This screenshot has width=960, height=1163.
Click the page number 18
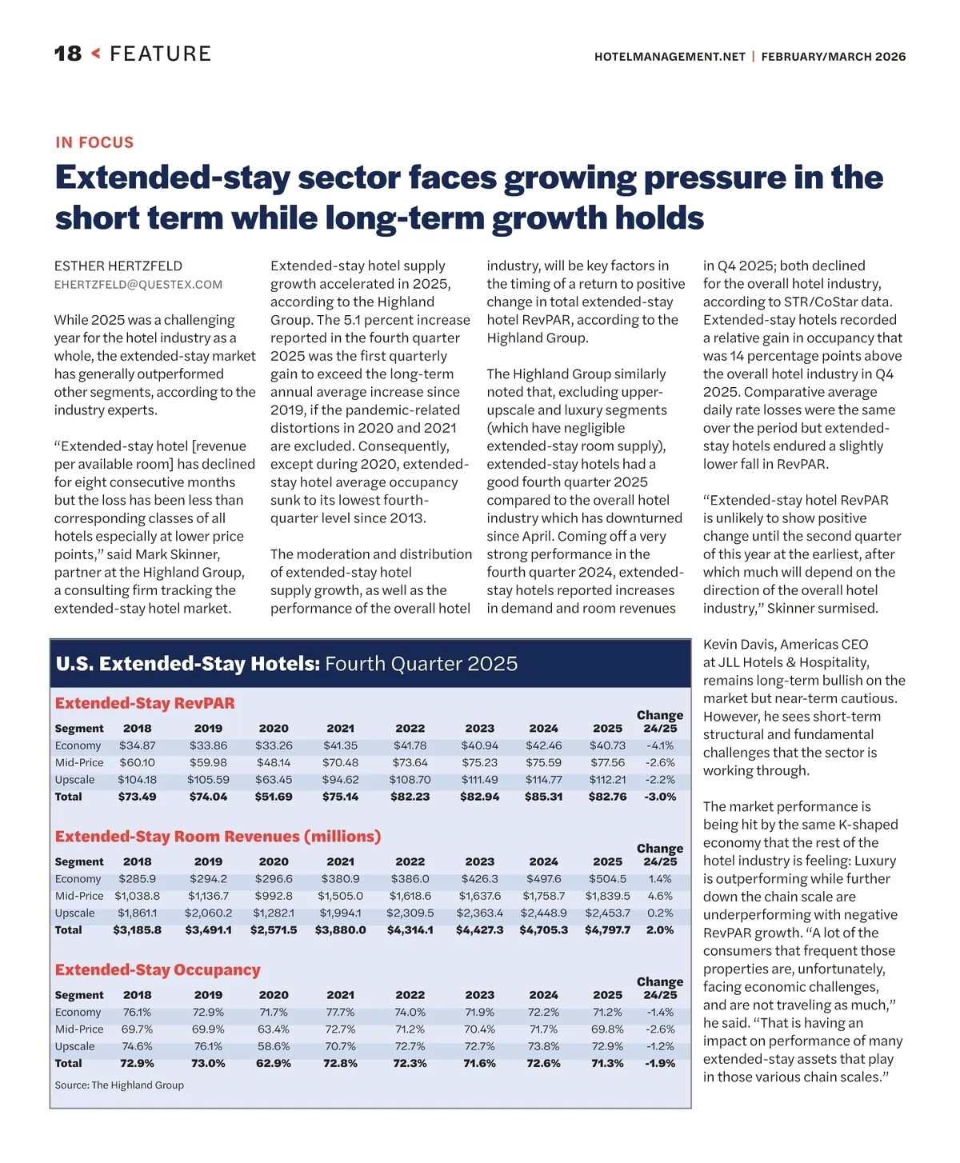tap(68, 54)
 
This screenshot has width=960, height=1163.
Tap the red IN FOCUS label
tap(94, 142)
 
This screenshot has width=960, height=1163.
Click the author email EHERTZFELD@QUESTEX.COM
tap(138, 285)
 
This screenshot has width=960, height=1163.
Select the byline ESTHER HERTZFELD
tap(118, 266)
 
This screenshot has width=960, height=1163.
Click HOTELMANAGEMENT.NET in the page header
tap(670, 57)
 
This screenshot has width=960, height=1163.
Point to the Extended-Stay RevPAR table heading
tap(145, 703)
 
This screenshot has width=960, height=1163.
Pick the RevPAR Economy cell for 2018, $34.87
tap(137, 745)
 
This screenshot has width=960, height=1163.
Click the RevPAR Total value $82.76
tap(607, 797)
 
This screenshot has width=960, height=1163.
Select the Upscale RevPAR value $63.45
tap(274, 780)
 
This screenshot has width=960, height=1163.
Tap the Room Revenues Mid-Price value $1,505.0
tap(340, 896)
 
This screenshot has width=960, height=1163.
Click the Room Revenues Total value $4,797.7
tap(607, 930)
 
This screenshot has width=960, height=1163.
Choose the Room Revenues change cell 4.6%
tap(660, 896)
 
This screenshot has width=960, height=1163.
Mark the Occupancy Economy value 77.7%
tap(340, 1013)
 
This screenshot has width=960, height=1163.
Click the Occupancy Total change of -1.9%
tap(660, 1064)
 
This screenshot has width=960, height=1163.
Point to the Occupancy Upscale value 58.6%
tap(274, 1046)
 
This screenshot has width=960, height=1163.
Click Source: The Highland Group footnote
tap(119, 1085)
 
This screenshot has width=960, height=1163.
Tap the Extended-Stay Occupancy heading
tap(158, 969)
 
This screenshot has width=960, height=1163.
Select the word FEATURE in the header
tap(161, 54)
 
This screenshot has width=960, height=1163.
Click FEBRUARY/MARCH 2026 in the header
tap(834, 57)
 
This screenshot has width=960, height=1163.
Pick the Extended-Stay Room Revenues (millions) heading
tap(218, 836)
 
